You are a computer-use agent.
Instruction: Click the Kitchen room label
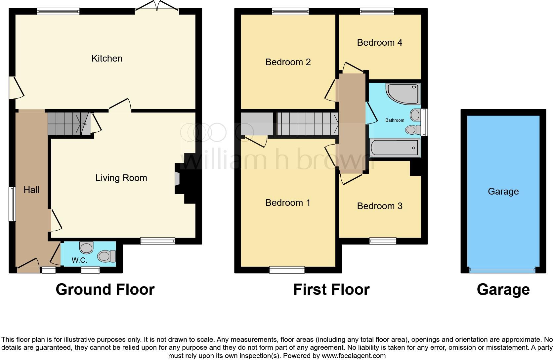coord(107,59)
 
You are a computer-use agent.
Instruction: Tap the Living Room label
coord(121,178)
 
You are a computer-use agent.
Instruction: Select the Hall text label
coord(31,190)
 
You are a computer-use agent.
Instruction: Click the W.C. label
coord(79,260)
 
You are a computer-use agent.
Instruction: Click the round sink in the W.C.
coord(87,247)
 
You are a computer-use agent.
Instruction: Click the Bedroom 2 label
coord(288,62)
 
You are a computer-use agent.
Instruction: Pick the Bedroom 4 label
coord(379,43)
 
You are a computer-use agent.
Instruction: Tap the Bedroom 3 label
coord(379,206)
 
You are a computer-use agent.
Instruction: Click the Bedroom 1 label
coord(288,203)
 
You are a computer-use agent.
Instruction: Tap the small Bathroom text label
coord(395,120)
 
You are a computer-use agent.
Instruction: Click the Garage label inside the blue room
coord(503,192)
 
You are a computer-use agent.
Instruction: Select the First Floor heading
coord(331,290)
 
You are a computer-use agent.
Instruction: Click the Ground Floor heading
coord(105,290)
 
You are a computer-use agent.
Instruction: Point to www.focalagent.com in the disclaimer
coord(354,356)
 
